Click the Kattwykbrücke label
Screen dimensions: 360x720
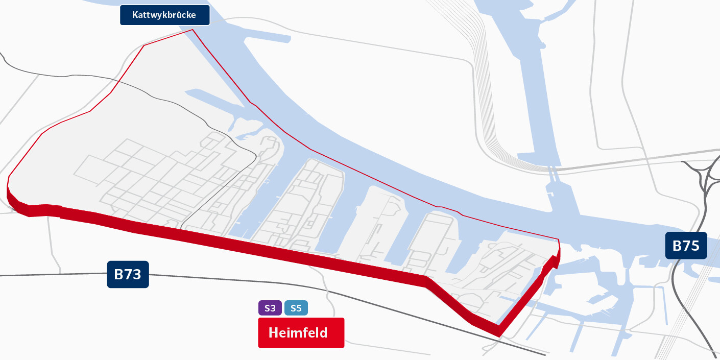point(157,15)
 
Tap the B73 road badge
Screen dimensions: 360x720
point(128,275)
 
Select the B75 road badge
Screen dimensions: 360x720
point(686,246)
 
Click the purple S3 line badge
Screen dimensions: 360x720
point(270,308)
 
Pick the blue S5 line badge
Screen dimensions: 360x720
point(296,308)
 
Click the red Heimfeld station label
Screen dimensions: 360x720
point(301,333)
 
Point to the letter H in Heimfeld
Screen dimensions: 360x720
point(273,333)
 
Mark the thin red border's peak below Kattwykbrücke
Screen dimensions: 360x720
point(193,30)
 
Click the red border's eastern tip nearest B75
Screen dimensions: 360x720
point(559,240)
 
